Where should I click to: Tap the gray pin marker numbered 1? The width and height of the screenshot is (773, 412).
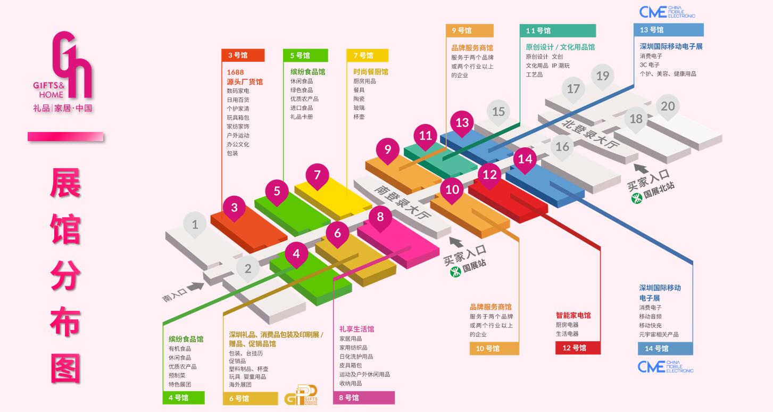point(195,225)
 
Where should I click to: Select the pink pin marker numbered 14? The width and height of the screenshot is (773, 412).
point(525,159)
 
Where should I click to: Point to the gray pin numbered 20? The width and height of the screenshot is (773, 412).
point(668,106)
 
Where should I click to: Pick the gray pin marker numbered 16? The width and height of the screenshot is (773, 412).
point(562,146)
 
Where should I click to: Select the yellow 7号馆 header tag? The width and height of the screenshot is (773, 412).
point(367,55)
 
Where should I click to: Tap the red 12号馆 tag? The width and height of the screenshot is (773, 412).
point(578,348)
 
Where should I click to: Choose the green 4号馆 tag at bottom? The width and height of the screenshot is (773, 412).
point(184,398)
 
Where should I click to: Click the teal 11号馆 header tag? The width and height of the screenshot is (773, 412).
point(557,31)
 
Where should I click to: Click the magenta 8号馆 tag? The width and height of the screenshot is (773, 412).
point(364,398)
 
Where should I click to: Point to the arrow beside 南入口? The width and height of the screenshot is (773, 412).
point(195,286)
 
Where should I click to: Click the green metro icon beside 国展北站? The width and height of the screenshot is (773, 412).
point(636,198)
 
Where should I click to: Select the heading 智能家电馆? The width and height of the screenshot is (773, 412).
point(573,315)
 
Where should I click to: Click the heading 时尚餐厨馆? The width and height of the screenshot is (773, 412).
point(370,72)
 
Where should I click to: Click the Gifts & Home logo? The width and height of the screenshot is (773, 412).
point(63,72)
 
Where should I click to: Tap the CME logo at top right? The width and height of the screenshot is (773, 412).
point(667,12)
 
